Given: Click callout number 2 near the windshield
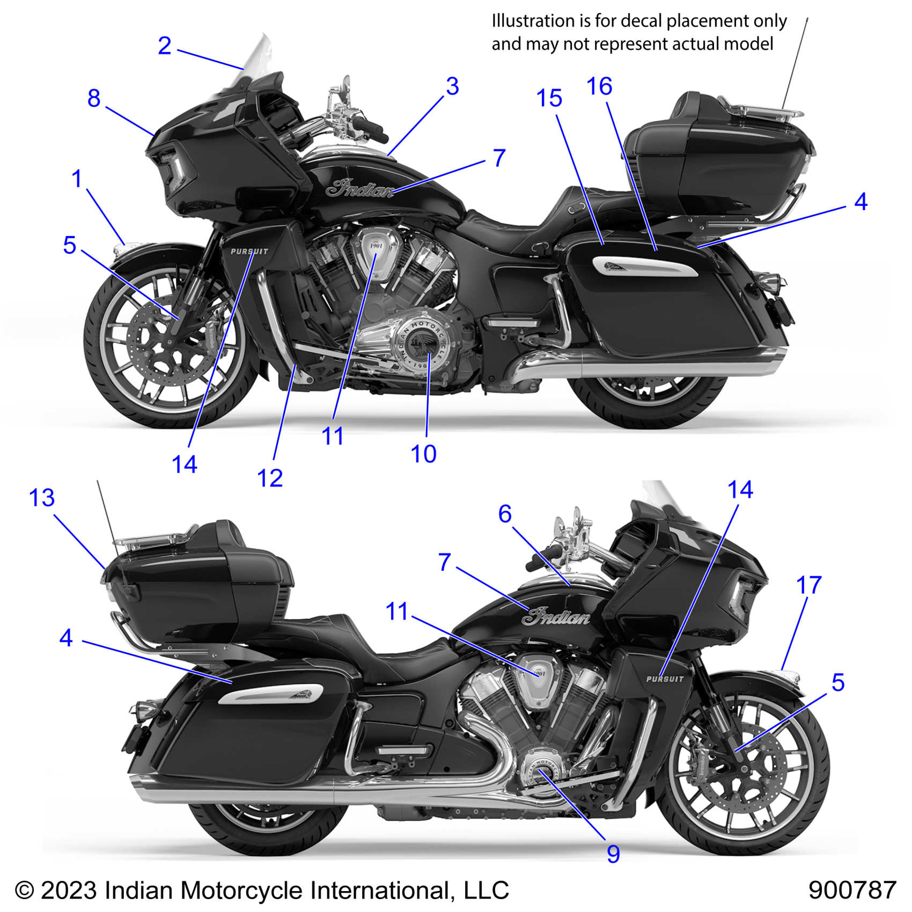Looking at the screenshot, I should (x=164, y=46).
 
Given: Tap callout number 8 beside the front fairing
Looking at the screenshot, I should (x=94, y=99).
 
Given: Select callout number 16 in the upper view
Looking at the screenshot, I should (x=599, y=86).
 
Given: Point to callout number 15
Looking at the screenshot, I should (x=549, y=99).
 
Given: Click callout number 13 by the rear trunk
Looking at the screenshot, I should (x=42, y=498).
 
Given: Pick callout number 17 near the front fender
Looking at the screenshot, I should (x=808, y=585).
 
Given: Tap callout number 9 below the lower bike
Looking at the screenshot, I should (x=613, y=854).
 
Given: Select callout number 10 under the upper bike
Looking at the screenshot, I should (x=423, y=454).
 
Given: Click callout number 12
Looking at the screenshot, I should (x=270, y=478).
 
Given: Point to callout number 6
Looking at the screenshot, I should (x=505, y=514).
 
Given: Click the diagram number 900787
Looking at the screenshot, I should (x=852, y=891).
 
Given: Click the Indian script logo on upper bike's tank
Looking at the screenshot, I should (x=360, y=189).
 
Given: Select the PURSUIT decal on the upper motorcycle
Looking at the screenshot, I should (x=249, y=251).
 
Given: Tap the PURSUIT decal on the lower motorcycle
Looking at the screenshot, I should (x=665, y=679).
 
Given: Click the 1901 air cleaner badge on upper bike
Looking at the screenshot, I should (x=377, y=247).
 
